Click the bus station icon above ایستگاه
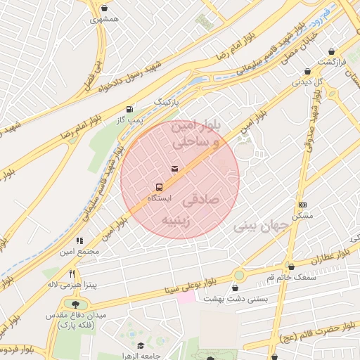tap(158, 188)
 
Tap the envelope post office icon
tap(174, 168)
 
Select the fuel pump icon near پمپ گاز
tap(129, 109)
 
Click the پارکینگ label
tap(168, 102)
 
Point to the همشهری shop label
tap(104, 20)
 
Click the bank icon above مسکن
tap(302, 205)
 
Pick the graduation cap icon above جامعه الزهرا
tap(141, 345)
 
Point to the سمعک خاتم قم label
tap(291, 278)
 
